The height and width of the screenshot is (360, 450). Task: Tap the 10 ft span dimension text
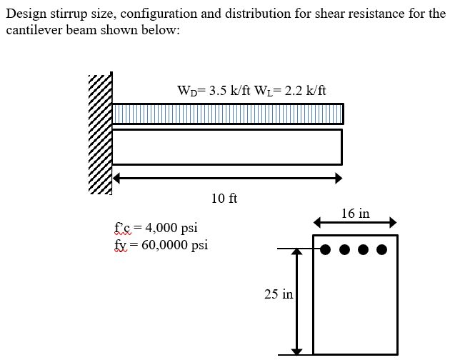click(x=224, y=198)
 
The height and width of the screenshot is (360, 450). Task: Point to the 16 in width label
click(x=355, y=213)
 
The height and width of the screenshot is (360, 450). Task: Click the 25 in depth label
click(x=279, y=294)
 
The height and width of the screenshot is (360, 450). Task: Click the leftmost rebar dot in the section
click(x=326, y=249)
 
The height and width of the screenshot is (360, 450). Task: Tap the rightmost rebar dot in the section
click(x=382, y=249)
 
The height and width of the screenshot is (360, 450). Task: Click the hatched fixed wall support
click(x=100, y=134)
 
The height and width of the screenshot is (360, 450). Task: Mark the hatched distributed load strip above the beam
click(x=227, y=114)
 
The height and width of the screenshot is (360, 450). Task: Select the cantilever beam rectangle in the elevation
click(x=227, y=146)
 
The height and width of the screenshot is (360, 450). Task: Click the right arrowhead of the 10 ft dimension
click(x=338, y=178)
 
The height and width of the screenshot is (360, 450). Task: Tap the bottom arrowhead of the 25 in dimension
click(x=296, y=350)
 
